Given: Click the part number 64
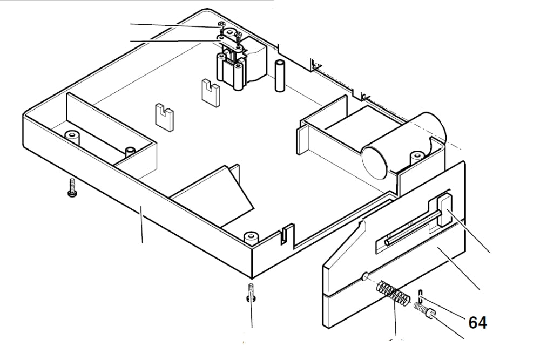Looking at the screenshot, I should point(477,323).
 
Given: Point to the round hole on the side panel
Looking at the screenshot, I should point(364,277).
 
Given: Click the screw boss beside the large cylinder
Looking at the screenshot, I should point(416,157).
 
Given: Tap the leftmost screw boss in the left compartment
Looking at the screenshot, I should point(71,134).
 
